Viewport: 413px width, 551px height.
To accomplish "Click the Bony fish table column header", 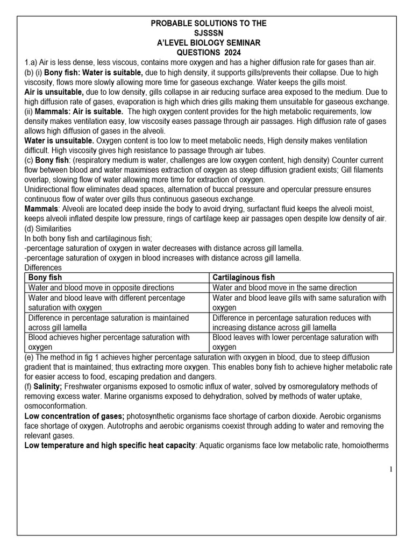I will click(45, 278).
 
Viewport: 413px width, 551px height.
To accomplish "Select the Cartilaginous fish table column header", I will click(244, 278).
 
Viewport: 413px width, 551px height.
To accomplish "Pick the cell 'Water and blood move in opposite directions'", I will click(101, 288).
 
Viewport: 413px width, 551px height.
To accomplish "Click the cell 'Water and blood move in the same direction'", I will click(284, 288).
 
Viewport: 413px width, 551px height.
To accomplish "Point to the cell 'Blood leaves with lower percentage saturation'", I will click(295, 342).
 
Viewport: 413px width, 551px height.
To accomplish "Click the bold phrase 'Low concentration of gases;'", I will click(75, 416).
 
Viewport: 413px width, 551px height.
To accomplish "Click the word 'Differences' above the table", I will click(44, 267).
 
